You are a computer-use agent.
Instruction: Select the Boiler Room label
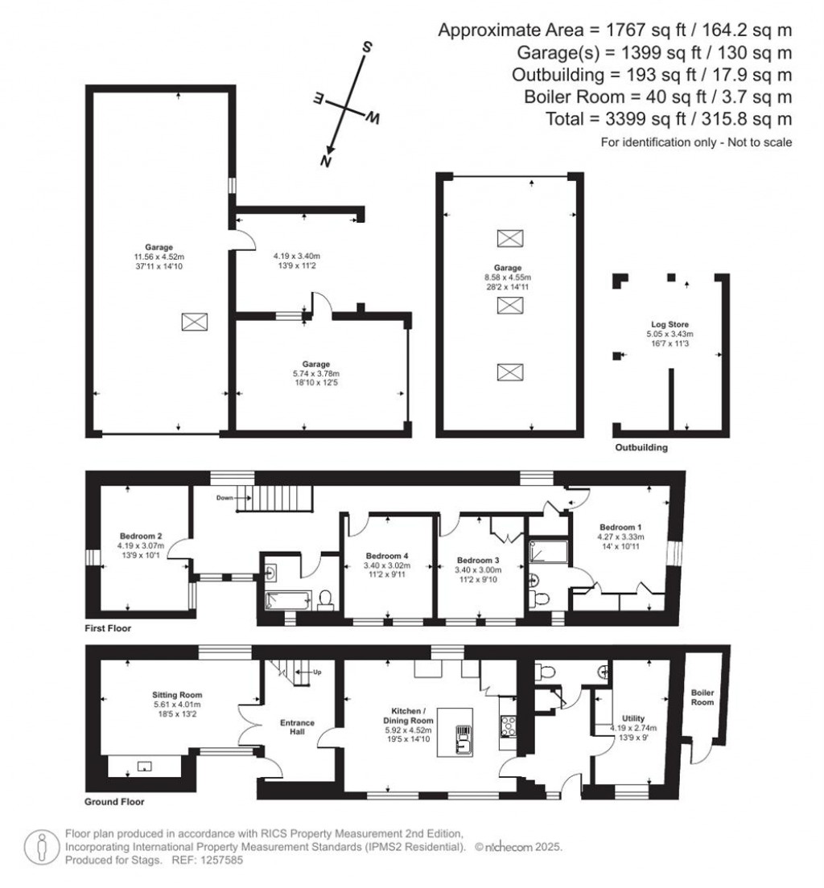pos(702,697)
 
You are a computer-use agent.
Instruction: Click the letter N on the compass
pos(326,161)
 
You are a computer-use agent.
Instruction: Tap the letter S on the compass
pos(367,47)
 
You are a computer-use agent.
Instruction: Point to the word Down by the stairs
pos(225,498)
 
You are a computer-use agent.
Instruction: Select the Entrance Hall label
pos(291,726)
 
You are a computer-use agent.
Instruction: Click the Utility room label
pos(633,719)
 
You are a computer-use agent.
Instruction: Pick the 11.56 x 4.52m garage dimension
pos(159,257)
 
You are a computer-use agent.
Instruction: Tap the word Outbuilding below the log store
pos(641,447)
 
